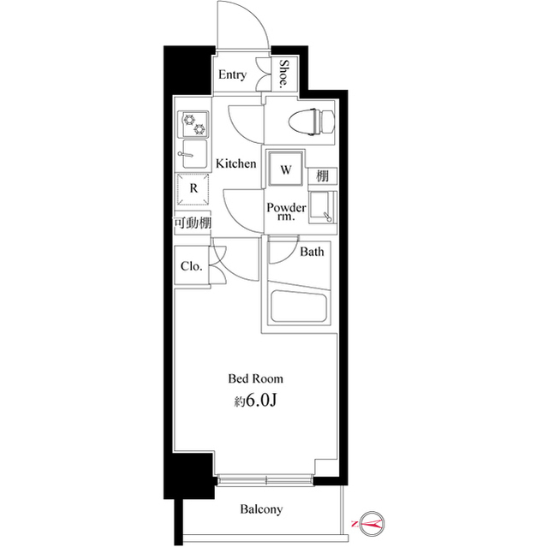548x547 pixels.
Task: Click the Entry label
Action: click(232, 74)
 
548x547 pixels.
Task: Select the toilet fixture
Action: click(312, 122)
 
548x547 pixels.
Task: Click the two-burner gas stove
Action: click(194, 124)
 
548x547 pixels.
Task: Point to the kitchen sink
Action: click(194, 154)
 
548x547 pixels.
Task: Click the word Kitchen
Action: click(236, 164)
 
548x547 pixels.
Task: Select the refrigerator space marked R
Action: click(194, 189)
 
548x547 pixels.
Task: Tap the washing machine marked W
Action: click(285, 169)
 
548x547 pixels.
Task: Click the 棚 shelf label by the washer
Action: click(323, 175)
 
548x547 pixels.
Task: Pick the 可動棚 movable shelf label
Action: click(193, 223)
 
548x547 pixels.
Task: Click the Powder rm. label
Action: click(286, 211)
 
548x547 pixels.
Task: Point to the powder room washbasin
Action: click(322, 207)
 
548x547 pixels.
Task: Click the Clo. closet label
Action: click(192, 266)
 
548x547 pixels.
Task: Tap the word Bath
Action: click(312, 252)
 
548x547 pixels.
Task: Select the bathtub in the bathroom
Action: click(299, 306)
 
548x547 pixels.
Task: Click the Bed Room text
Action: click(255, 378)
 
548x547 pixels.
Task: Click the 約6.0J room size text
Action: click(255, 401)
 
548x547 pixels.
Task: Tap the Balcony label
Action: click(261, 509)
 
